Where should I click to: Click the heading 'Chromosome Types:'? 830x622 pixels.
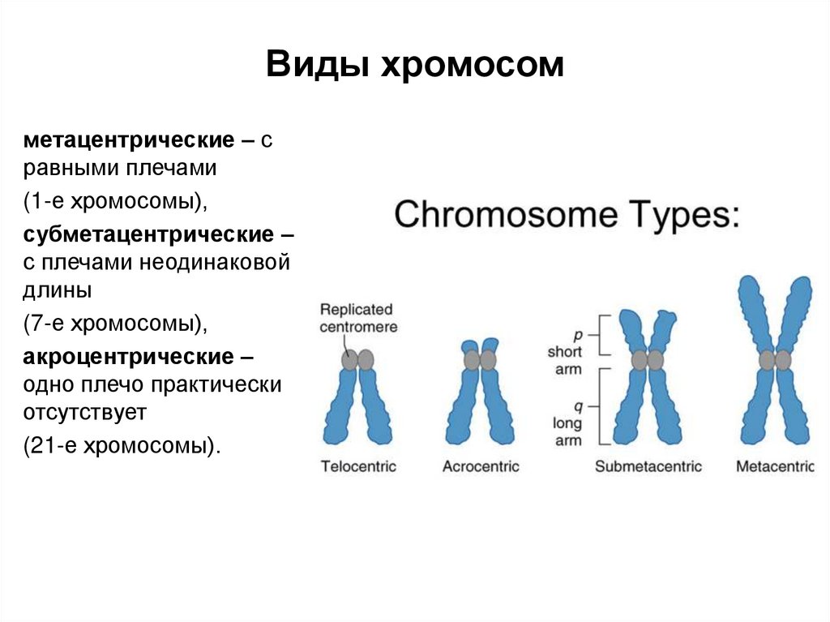(x=567, y=215)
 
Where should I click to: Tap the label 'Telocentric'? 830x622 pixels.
(x=358, y=466)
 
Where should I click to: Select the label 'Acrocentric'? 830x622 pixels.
(x=481, y=466)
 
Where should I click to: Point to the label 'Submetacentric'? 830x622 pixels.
(x=648, y=466)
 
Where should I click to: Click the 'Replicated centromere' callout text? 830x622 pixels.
(x=357, y=318)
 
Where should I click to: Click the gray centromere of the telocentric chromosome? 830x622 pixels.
(x=357, y=359)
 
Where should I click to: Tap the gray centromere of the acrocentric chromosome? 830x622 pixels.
(x=479, y=359)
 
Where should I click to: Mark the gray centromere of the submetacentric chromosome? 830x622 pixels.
(x=647, y=359)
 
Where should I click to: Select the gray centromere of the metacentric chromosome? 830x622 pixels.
(x=775, y=359)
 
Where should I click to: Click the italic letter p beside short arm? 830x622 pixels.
(x=578, y=334)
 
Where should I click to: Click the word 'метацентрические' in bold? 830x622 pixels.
(x=129, y=139)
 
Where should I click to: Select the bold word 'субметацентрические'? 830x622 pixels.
(x=149, y=235)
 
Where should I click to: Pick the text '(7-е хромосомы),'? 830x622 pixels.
(x=115, y=323)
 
